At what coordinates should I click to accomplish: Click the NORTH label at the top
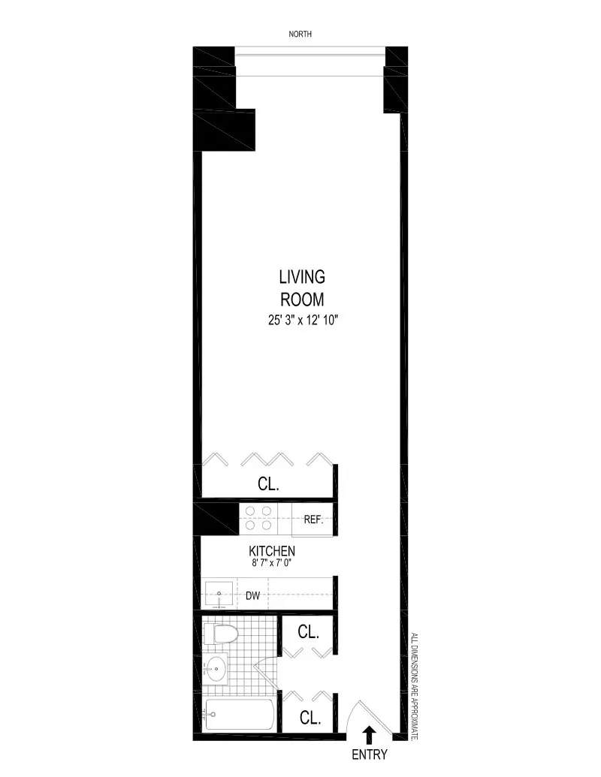coord(300,34)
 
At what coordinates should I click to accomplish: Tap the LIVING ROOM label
coord(302,288)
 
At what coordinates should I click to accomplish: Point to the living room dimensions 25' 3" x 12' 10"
coord(302,321)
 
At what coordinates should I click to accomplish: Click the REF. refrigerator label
coord(313,519)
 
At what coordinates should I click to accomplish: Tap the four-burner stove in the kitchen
coord(258,518)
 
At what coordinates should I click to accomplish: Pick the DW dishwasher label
coord(253,597)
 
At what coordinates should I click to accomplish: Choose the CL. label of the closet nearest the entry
coord(310,718)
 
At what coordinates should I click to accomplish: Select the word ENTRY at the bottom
coord(369,754)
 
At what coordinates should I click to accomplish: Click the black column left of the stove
coord(216,518)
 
